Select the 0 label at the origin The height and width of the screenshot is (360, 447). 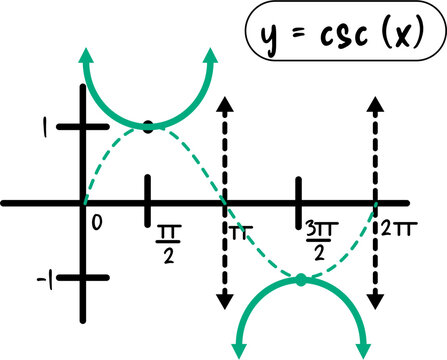(x=96, y=220)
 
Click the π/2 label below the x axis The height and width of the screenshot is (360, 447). (x=167, y=241)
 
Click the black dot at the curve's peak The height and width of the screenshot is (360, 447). (x=148, y=126)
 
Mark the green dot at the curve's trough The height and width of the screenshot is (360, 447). (x=300, y=279)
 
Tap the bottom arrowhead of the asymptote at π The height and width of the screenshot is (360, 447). (x=225, y=299)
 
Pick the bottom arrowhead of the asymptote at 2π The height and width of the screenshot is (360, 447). (x=376, y=299)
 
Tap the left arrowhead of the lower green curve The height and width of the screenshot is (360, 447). (x=237, y=349)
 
